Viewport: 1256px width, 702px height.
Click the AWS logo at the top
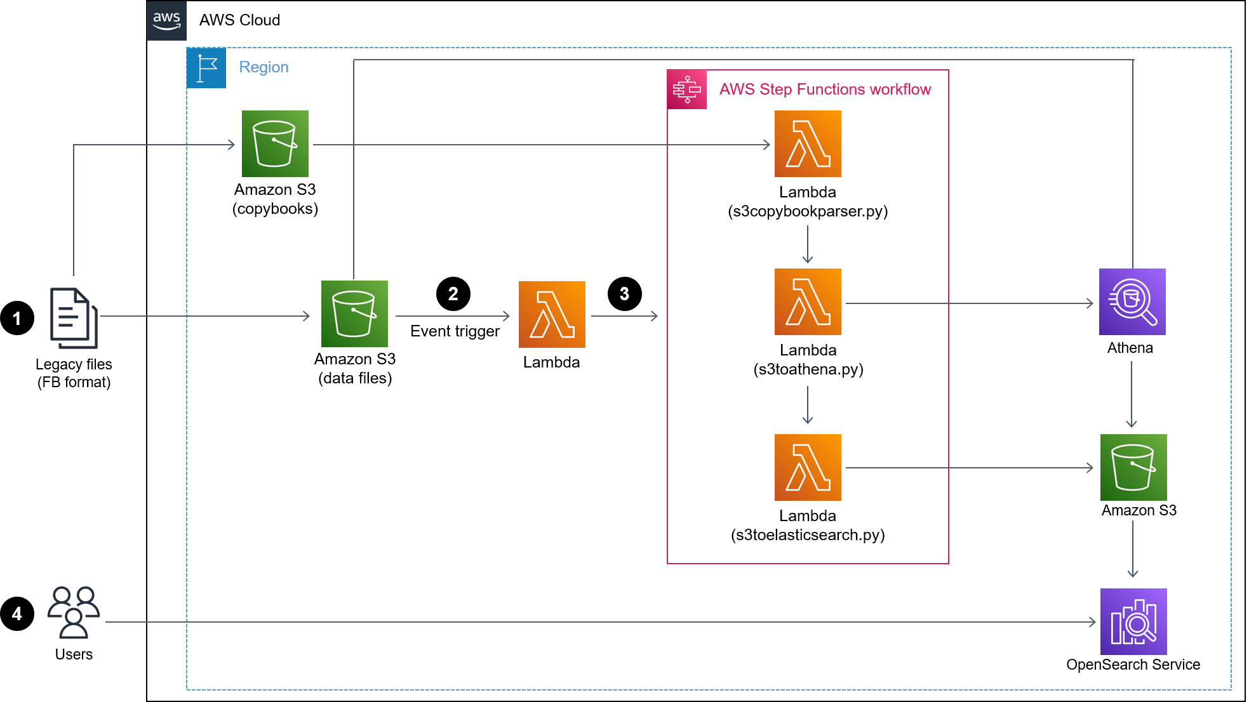pos(166,21)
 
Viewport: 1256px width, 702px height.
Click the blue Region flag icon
pos(206,68)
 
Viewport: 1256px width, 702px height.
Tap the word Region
pos(264,67)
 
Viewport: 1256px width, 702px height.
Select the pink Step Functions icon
pos(687,89)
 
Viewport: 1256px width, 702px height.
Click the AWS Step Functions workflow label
pos(825,89)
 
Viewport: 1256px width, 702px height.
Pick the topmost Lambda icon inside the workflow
pos(808,144)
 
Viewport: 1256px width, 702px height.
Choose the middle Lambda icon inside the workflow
pos(808,301)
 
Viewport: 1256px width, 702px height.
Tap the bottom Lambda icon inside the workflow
pos(808,467)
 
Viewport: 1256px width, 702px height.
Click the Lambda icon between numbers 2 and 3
pos(552,314)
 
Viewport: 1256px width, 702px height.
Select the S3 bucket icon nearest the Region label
pos(275,144)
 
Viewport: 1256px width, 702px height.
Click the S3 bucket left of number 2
pos(354,314)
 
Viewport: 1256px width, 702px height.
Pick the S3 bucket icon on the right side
pos(1133,467)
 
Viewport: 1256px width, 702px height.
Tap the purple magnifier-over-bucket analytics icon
pos(1132,301)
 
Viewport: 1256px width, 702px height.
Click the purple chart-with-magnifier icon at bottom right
pos(1133,621)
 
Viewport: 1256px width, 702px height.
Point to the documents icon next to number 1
pos(74,317)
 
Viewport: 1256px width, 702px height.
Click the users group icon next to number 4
pos(74,612)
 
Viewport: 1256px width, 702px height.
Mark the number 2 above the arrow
pos(453,294)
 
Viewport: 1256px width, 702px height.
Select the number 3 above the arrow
pos(624,294)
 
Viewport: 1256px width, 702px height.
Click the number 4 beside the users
pos(17,614)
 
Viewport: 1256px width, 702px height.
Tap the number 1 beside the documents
pos(17,319)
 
